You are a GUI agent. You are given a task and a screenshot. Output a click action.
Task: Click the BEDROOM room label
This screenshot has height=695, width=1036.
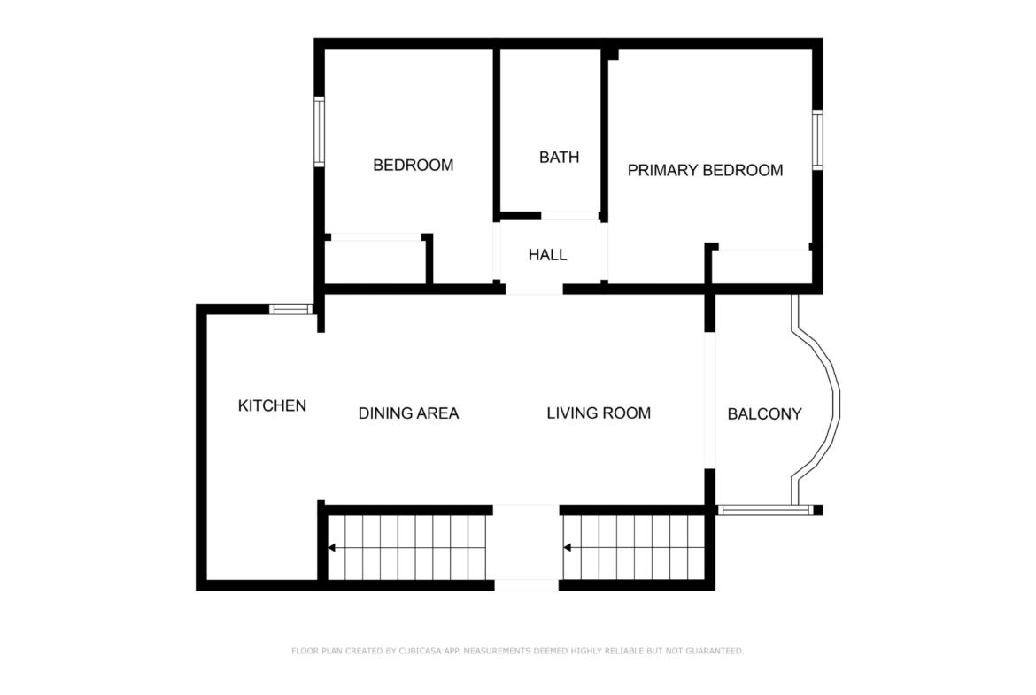(413, 166)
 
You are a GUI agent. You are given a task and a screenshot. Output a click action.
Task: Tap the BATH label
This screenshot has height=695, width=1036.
(559, 158)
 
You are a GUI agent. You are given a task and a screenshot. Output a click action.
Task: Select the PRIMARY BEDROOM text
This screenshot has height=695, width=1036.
(705, 171)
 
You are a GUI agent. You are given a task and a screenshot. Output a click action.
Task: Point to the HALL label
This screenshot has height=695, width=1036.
(547, 255)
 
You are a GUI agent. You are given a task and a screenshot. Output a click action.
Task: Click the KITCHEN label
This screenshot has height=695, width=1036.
(272, 405)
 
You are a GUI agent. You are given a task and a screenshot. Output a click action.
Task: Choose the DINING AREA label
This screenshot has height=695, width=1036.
(408, 413)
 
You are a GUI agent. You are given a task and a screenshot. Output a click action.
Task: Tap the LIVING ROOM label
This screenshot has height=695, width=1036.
(599, 413)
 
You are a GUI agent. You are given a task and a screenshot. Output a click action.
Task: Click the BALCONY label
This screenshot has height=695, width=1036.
(764, 414)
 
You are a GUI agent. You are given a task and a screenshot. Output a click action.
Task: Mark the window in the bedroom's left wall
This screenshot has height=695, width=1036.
(319, 131)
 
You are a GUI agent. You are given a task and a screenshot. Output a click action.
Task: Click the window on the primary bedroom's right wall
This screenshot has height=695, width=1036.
(817, 140)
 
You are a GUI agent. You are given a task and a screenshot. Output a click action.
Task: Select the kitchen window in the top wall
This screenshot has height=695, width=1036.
(290, 308)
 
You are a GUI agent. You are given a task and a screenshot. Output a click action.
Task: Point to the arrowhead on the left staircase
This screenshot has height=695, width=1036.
(332, 548)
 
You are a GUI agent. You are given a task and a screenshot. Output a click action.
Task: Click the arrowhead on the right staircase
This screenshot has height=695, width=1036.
(567, 548)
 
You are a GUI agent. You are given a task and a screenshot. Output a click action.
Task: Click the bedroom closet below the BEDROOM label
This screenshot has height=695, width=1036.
(375, 261)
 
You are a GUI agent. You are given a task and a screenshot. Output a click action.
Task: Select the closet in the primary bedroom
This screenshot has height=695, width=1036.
(762, 266)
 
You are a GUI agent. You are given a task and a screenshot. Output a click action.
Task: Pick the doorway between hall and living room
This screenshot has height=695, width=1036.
(534, 290)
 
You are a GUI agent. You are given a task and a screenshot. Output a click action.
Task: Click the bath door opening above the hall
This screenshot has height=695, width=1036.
(569, 215)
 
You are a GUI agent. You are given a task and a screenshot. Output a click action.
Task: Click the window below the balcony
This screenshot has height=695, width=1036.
(764, 510)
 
